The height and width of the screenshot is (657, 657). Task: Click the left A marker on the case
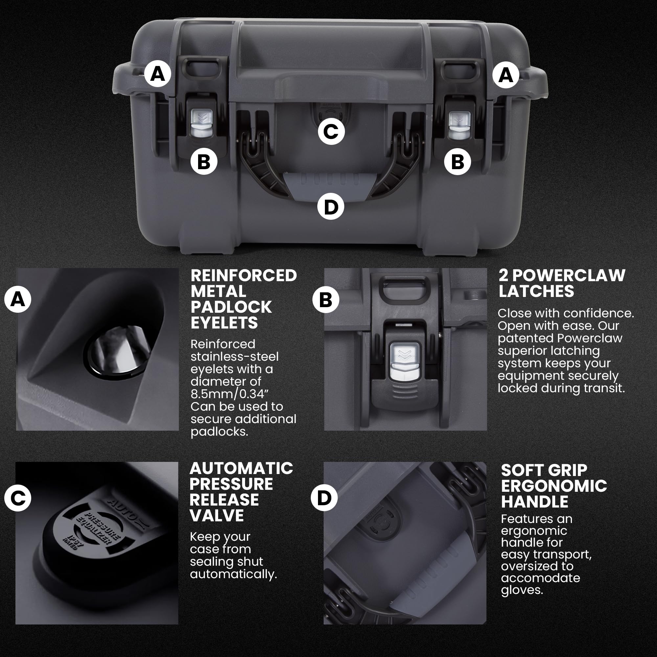point(157,74)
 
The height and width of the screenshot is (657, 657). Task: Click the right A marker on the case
point(506,75)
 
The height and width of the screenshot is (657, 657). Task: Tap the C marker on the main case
point(331,132)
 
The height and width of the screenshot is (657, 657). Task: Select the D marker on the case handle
point(330,207)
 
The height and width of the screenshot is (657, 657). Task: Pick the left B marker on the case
point(204,162)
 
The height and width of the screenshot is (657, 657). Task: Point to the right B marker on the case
point(457,162)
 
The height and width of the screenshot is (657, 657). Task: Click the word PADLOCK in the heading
point(231,307)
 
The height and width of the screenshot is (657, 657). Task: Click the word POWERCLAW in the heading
point(569,276)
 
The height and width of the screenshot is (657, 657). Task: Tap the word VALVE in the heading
point(216,515)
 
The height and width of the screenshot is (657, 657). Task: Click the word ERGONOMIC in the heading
point(554,486)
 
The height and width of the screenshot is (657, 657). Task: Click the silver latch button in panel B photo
point(405,361)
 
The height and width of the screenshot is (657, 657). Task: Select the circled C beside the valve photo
point(18,498)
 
